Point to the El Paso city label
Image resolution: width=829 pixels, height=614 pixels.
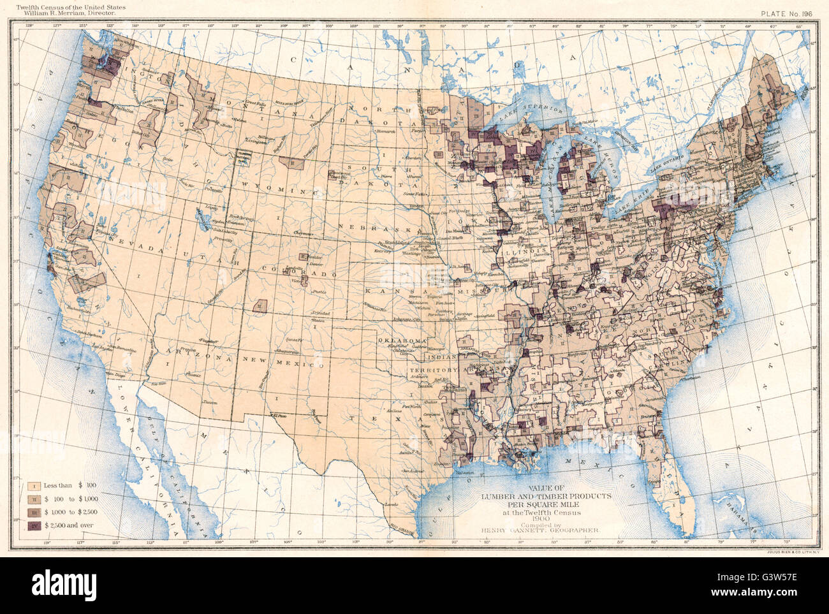coord(278,415)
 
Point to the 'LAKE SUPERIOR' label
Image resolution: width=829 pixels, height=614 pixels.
coord(539,110)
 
